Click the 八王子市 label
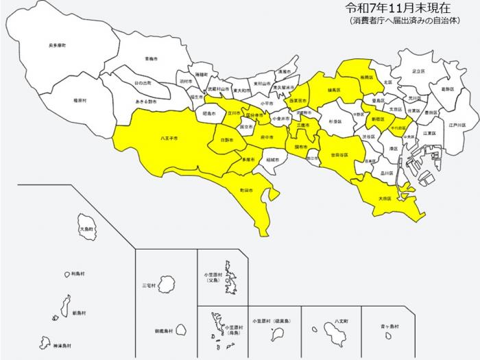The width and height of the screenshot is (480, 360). coord(169,139)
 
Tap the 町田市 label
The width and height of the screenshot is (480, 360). coord(246,189)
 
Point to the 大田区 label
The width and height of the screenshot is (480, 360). coord(385,198)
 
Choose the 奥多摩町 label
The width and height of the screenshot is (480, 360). coord(58,45)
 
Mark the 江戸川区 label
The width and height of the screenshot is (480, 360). coord(457,125)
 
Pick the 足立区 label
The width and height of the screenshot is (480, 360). coord(418,71)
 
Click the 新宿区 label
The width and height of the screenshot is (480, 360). coord(379,119)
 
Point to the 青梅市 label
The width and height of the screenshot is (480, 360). coord(152,59)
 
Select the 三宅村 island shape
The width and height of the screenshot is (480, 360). coord(167,283)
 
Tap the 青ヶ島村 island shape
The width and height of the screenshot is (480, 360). coord(387,337)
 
